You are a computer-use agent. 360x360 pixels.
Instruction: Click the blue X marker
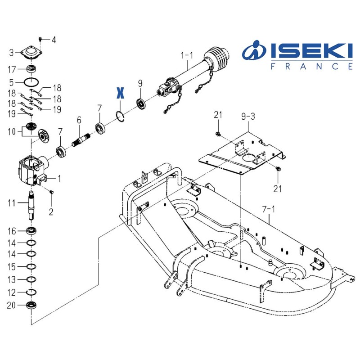(120, 92)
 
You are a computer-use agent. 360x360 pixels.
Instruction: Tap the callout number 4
(54, 40)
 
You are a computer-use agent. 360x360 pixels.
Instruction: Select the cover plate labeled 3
(31, 54)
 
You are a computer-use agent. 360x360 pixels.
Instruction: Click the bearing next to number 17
(33, 70)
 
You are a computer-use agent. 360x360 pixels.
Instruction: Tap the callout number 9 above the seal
(140, 83)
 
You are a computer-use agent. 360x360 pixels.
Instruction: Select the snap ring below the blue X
(120, 116)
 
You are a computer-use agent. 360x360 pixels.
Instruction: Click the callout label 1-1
(187, 55)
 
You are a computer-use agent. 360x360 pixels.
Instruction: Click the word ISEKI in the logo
(311, 51)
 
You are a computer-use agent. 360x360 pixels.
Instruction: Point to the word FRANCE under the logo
(311, 66)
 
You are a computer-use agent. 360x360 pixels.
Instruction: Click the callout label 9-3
(248, 117)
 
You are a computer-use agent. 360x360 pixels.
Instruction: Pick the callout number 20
(11, 306)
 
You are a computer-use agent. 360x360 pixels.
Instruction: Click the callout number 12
(11, 293)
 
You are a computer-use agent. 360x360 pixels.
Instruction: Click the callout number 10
(11, 132)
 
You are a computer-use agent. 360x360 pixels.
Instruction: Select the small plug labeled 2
(52, 193)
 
